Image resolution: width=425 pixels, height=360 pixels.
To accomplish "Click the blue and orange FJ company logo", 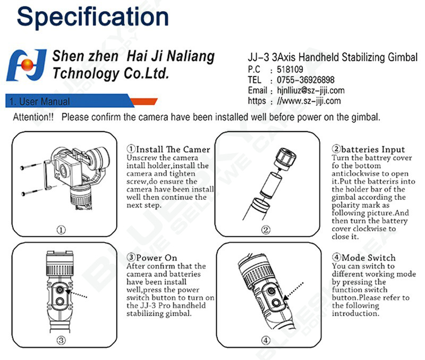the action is (x=26, y=65).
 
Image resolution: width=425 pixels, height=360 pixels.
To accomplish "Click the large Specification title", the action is (x=92, y=17).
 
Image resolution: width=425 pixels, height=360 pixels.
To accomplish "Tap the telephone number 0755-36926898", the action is (x=305, y=80).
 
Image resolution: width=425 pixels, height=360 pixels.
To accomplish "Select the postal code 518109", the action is (x=290, y=69).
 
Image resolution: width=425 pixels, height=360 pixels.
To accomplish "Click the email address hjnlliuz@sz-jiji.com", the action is (x=311, y=90).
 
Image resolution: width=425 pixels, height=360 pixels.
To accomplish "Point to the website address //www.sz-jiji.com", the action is (x=309, y=101).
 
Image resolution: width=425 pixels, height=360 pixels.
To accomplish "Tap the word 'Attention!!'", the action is (x=33, y=117).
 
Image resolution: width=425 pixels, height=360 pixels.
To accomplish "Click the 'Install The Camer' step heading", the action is (x=173, y=149).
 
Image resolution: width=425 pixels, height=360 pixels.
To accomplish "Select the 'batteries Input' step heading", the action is (x=373, y=149).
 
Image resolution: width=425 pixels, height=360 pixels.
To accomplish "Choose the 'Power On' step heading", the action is (x=156, y=257).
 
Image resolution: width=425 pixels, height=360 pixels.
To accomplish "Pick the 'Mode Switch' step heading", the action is (x=369, y=257).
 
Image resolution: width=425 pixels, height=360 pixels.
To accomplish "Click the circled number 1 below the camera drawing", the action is (x=61, y=230).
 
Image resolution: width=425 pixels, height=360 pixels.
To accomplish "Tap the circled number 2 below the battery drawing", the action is (x=266, y=230).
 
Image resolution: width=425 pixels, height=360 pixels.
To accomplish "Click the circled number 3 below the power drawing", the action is (x=61, y=340).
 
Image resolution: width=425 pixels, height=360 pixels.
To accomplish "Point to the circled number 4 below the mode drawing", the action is (x=266, y=340).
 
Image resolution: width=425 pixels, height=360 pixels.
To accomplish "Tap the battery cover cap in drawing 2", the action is (x=285, y=159).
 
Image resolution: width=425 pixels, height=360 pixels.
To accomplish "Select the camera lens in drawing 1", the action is (x=63, y=172).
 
